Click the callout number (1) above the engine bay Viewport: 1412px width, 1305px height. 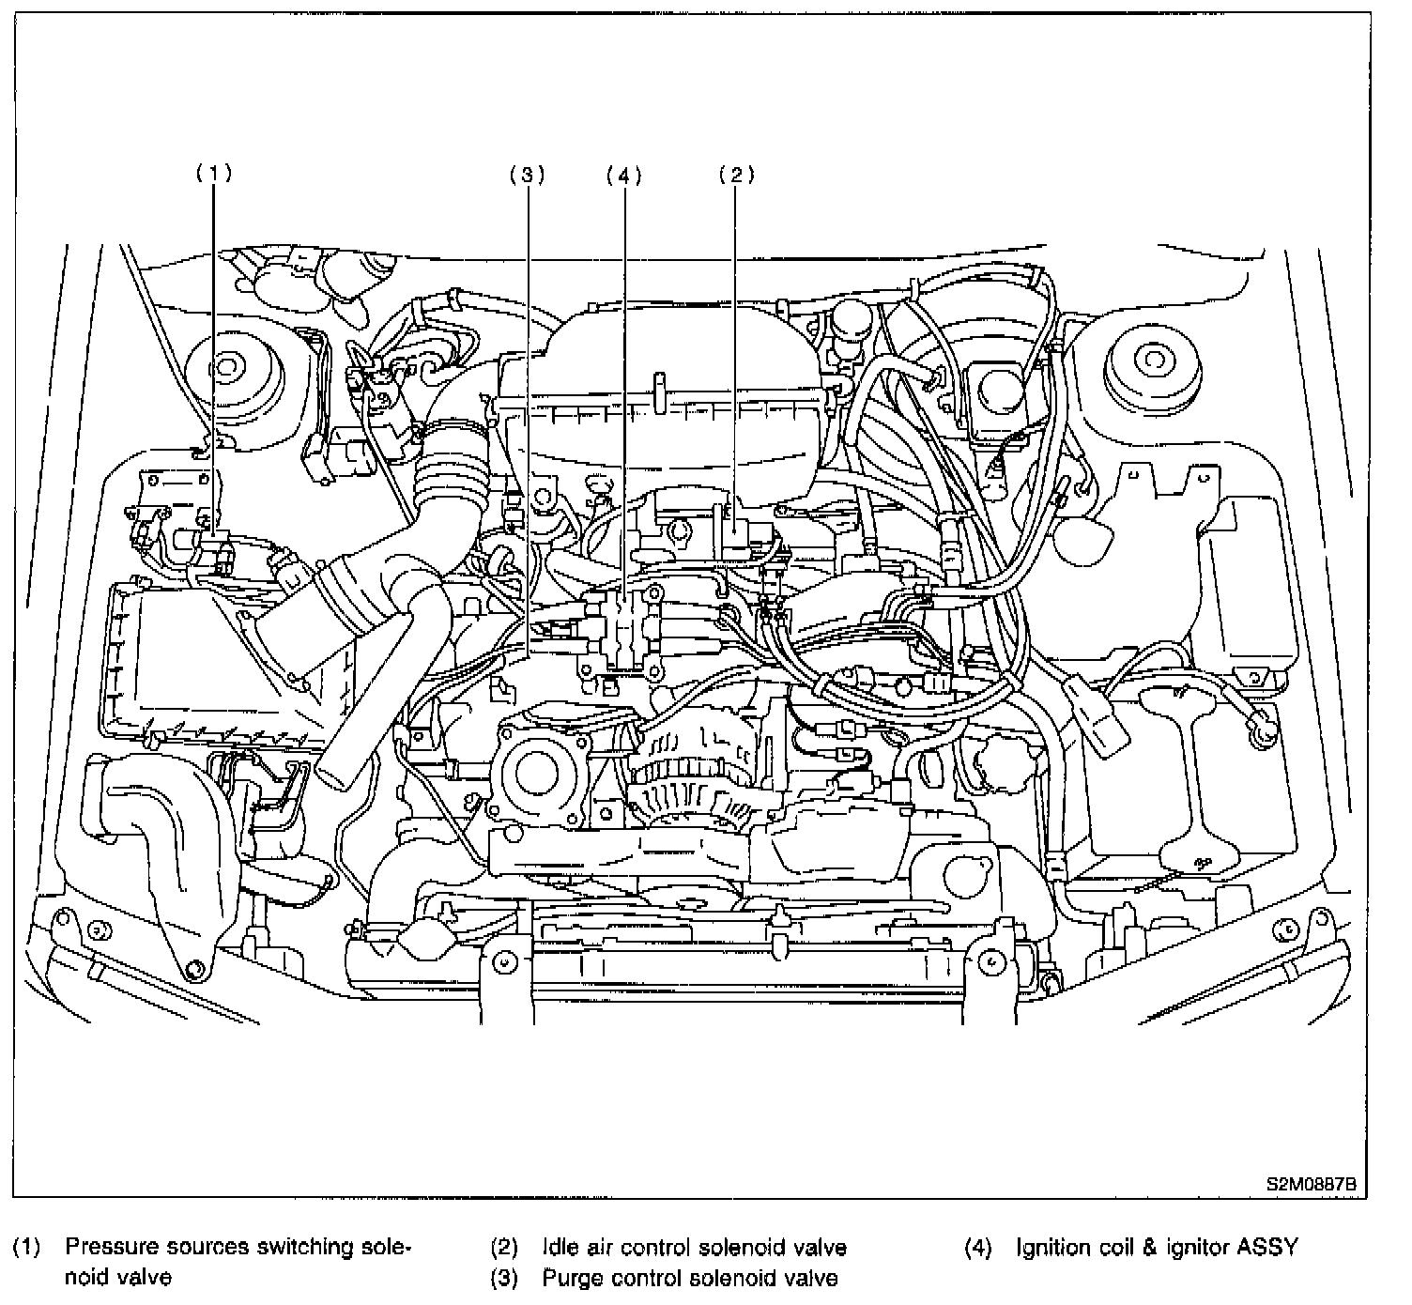pyautogui.click(x=213, y=173)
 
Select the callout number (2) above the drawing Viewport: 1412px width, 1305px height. pyautogui.click(x=736, y=173)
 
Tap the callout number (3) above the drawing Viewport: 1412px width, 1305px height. pyautogui.click(x=527, y=173)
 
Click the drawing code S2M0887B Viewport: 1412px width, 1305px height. pyautogui.click(x=1312, y=1184)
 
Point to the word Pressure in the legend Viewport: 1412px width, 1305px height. pyautogui.click(x=112, y=1248)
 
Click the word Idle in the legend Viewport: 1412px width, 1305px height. pyautogui.click(x=560, y=1248)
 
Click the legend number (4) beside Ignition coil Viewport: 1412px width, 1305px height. pyautogui.click(x=977, y=1248)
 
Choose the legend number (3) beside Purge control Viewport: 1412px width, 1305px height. pyautogui.click(x=504, y=1278)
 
